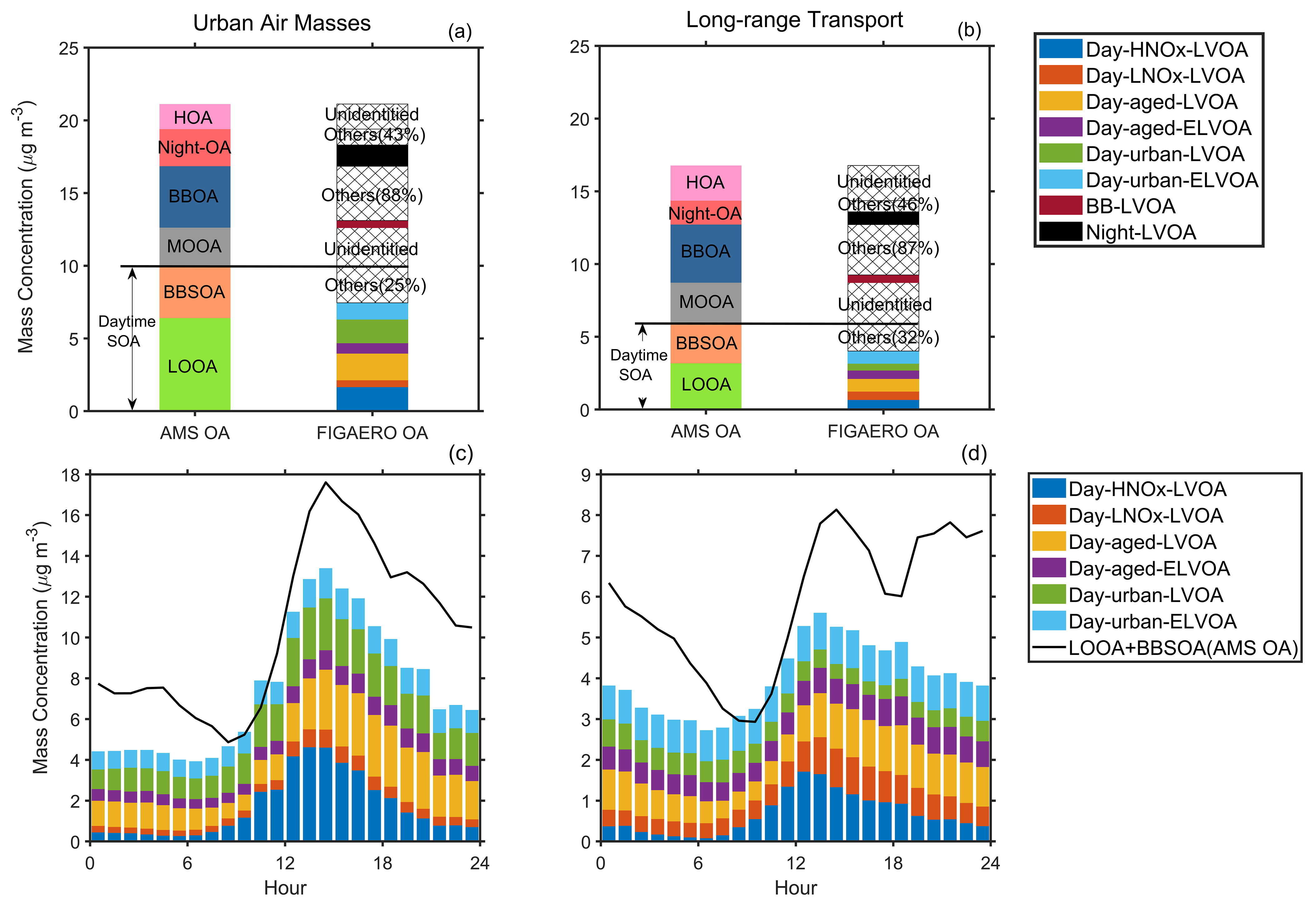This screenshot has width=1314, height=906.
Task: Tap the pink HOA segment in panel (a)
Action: (x=194, y=117)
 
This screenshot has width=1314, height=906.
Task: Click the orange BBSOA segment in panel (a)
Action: (x=194, y=292)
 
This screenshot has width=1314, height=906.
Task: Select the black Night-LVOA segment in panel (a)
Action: (x=372, y=156)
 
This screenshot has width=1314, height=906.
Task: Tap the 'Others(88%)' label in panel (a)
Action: (x=372, y=195)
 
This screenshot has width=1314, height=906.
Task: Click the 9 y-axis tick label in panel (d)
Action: (x=585, y=475)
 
